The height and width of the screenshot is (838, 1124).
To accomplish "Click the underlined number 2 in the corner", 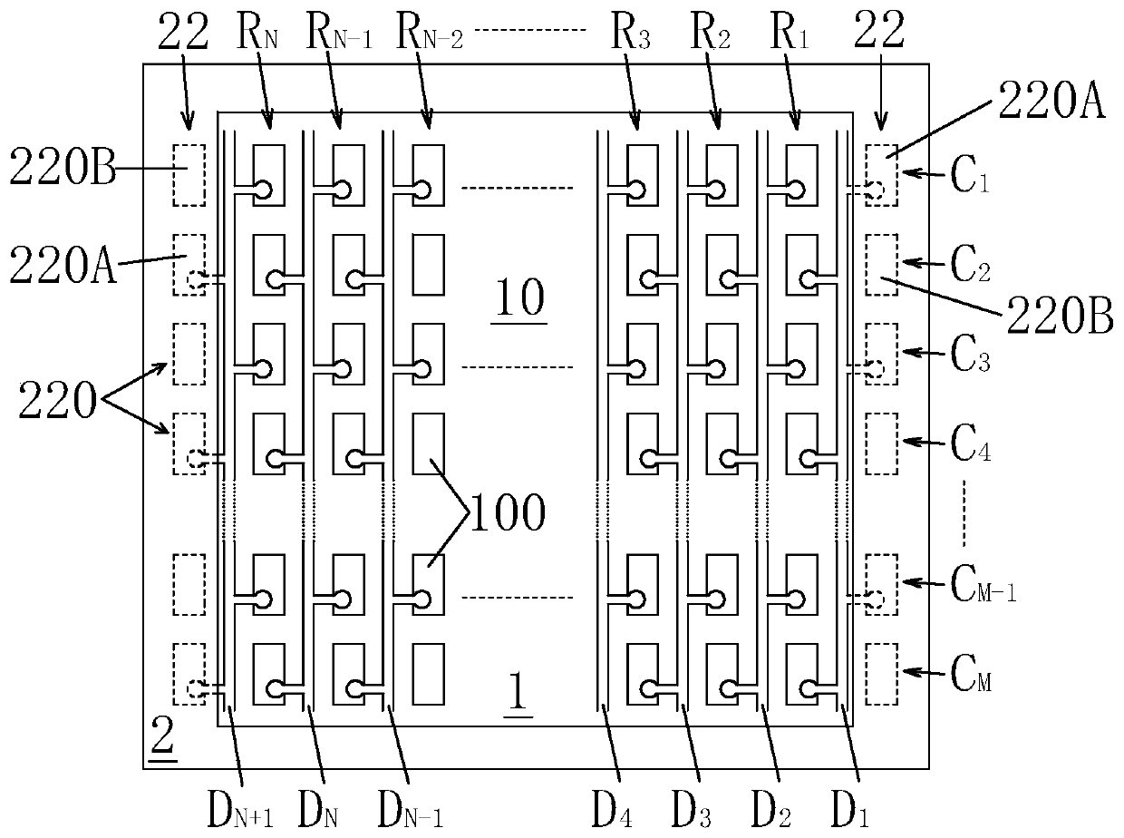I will click(162, 742).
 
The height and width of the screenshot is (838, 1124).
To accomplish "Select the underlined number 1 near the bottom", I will click(515, 693).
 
